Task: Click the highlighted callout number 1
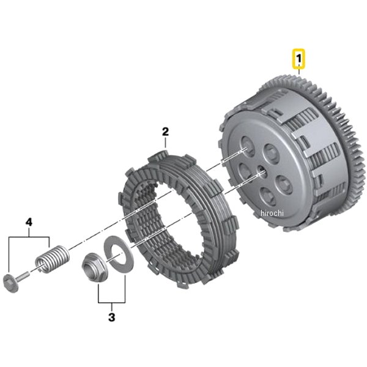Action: [298, 60]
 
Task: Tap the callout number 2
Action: [165, 132]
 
